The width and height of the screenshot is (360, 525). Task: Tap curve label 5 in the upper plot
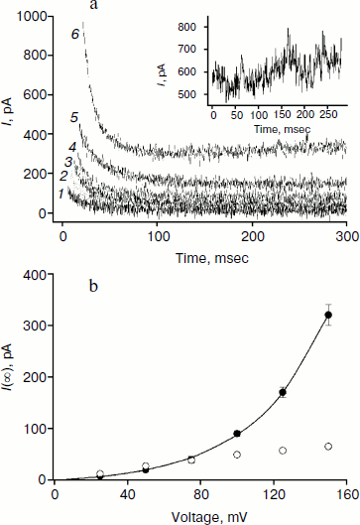75,118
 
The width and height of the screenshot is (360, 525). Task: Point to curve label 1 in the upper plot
61,193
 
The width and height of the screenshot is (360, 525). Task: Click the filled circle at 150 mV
328,316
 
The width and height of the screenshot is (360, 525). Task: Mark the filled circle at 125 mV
283,392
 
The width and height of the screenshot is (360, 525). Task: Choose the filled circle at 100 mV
237,434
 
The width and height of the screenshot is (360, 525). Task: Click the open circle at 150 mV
328,447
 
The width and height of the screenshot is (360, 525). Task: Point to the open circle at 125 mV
283,451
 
